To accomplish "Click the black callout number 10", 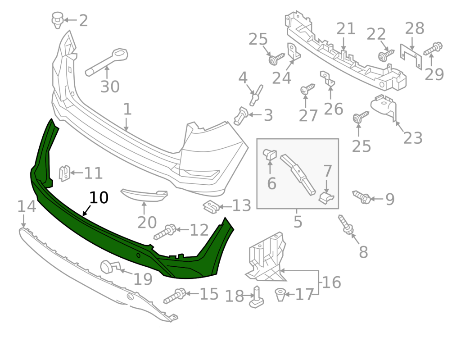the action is pyautogui.click(x=99, y=197).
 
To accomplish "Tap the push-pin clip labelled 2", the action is pyautogui.click(x=58, y=20).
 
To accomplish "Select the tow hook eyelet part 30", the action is pyautogui.click(x=106, y=62).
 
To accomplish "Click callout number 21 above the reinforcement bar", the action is pyautogui.click(x=345, y=29).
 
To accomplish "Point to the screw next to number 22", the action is pyautogui.click(x=386, y=55).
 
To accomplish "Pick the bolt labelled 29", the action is pyautogui.click(x=433, y=49).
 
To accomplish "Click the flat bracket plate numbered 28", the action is pyautogui.click(x=411, y=56).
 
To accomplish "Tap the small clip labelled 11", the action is pyautogui.click(x=64, y=173).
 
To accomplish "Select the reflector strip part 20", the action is pyautogui.click(x=144, y=195).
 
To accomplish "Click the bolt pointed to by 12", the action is pyautogui.click(x=165, y=232).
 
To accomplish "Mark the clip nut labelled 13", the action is pyautogui.click(x=211, y=207).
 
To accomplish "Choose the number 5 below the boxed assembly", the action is pyautogui.click(x=298, y=222).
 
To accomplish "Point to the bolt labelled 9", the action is pyautogui.click(x=362, y=197).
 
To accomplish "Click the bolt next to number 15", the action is pyautogui.click(x=175, y=296).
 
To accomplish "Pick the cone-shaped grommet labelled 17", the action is pyautogui.click(x=280, y=295).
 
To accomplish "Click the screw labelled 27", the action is pyautogui.click(x=307, y=89).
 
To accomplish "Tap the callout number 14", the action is pyautogui.click(x=27, y=206).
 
